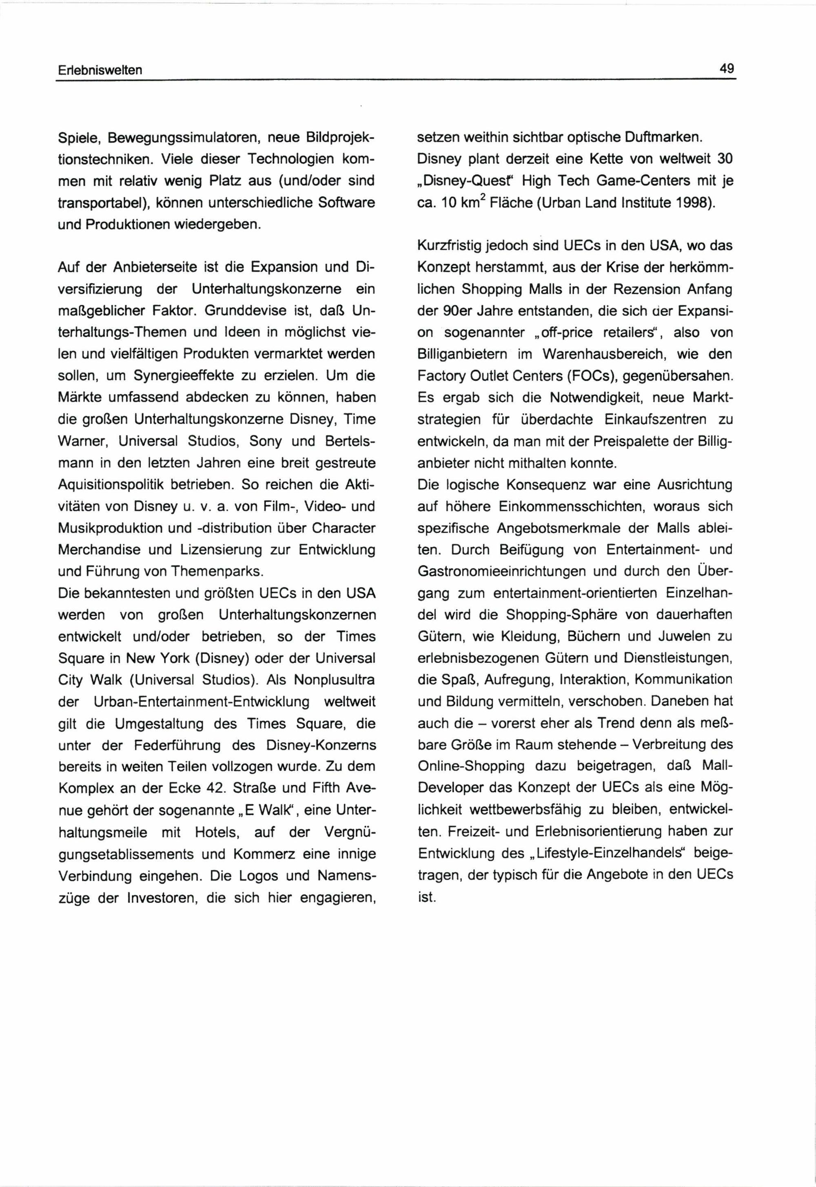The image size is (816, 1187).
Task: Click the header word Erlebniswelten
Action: (99, 70)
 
